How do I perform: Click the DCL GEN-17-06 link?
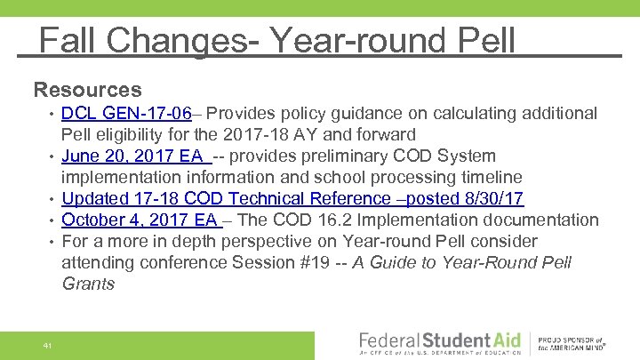126,114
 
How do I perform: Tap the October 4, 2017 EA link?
140,220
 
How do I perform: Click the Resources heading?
87,90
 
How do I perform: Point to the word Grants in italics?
88,284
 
